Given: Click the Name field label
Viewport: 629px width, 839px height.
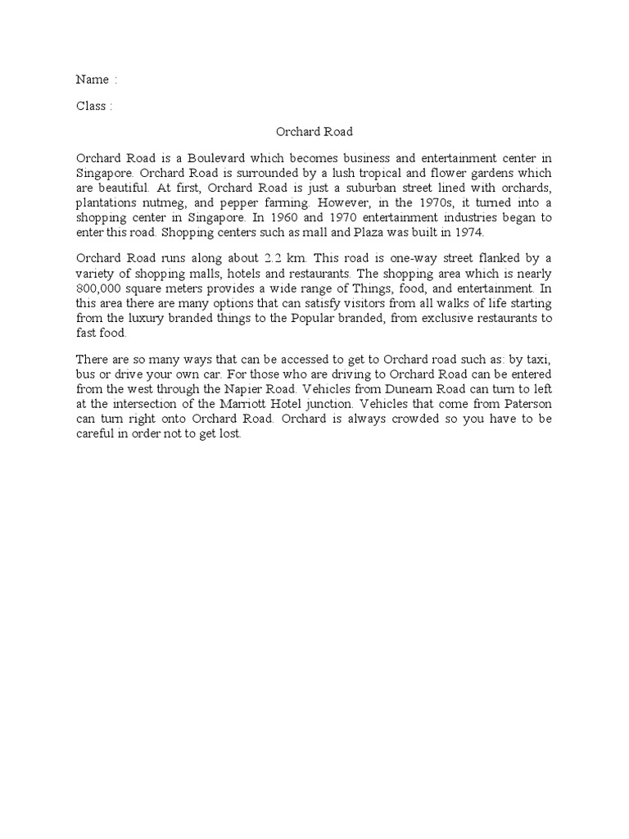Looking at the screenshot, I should pos(93,79).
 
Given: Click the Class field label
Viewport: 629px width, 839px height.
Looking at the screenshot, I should pos(91,106).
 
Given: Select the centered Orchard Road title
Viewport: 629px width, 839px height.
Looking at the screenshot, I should pos(314,131).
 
